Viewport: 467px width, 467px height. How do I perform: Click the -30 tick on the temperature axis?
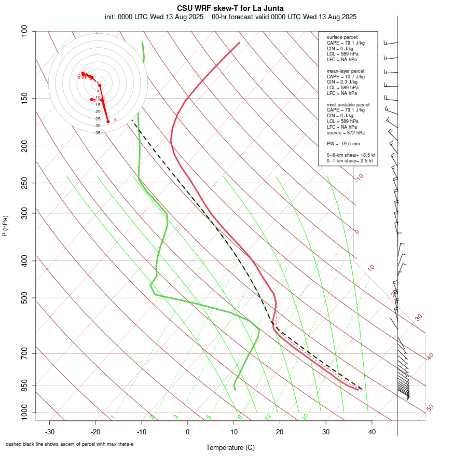tap(49, 431)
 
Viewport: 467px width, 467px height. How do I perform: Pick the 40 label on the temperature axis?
tap(372, 431)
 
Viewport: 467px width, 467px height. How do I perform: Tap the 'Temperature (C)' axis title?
tap(230, 447)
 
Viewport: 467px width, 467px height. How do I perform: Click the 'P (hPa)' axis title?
tap(5, 226)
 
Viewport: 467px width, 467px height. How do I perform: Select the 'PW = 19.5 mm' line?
tap(343, 143)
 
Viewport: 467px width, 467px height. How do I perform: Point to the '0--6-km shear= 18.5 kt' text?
tap(351, 155)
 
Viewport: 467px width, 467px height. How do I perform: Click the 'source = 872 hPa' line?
tap(346, 133)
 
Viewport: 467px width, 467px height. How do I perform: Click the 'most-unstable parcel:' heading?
tap(349, 104)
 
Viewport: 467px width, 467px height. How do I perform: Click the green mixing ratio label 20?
tap(306, 417)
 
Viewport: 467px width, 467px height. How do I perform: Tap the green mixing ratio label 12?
tap(268, 417)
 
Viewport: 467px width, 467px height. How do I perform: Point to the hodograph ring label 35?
tap(98, 133)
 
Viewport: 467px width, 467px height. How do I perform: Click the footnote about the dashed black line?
tap(70, 444)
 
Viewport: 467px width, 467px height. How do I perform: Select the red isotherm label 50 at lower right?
tap(430, 408)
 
